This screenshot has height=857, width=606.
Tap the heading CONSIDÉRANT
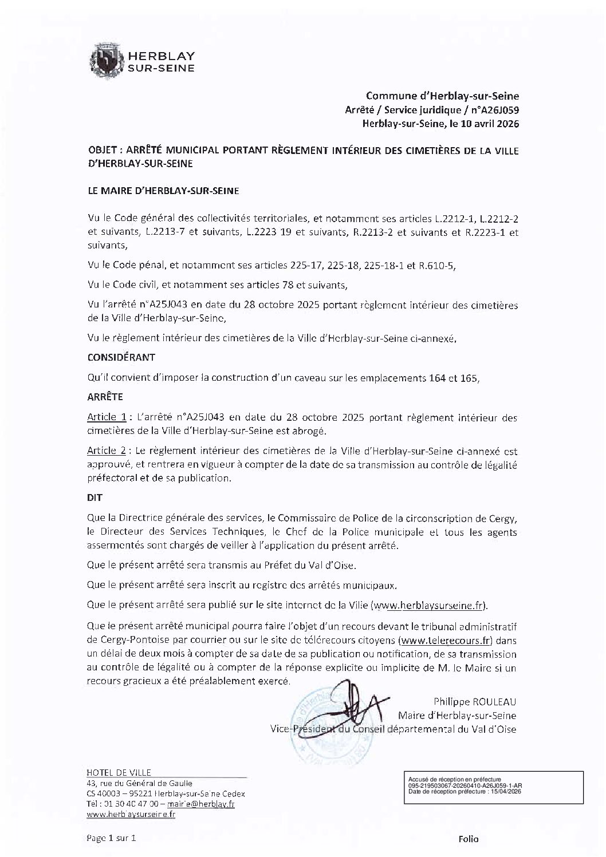(121, 357)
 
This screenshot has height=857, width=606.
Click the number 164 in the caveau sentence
(437, 378)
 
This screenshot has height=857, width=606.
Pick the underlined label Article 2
(107, 452)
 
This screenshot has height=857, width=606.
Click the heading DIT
(95, 498)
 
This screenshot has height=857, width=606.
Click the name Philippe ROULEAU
(474, 702)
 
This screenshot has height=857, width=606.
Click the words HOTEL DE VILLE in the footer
(118, 773)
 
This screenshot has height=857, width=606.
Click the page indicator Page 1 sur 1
(111, 839)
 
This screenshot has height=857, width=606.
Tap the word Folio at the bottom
(468, 839)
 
